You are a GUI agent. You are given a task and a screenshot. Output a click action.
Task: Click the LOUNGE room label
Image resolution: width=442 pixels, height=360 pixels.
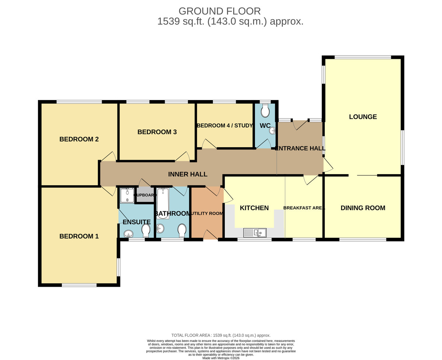(x=363, y=117)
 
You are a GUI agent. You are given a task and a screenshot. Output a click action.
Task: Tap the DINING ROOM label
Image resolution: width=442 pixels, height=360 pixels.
(x=363, y=208)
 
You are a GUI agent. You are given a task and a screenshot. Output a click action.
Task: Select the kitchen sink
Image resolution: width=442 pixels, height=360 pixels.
(x=255, y=233)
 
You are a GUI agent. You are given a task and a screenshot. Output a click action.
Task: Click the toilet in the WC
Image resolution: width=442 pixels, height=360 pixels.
(x=265, y=110)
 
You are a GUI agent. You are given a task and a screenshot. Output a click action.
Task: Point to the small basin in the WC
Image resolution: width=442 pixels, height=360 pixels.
(x=272, y=131)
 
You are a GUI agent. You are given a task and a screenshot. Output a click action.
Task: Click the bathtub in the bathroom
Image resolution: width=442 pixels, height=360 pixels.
(x=163, y=204)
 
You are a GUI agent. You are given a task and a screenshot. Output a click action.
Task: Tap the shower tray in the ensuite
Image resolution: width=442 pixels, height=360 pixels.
(x=127, y=195)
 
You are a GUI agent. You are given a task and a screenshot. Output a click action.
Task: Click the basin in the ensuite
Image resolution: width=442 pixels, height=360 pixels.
(x=129, y=234)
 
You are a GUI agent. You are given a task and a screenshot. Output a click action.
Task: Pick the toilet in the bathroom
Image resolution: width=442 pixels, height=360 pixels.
(x=182, y=230)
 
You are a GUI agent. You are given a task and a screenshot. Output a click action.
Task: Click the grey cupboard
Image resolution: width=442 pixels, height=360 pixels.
(x=145, y=195)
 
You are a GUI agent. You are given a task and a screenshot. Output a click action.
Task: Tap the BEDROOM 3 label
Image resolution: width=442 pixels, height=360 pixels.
(x=157, y=132)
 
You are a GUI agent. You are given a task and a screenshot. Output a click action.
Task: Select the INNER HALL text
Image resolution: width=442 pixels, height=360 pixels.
(x=187, y=174)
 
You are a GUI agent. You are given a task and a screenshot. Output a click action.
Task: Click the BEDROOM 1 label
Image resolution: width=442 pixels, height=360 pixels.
(x=79, y=236)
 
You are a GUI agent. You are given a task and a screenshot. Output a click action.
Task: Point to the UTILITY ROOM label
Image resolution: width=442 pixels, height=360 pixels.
(x=207, y=213)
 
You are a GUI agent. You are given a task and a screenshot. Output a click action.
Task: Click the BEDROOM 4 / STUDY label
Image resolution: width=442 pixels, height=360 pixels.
(x=225, y=126)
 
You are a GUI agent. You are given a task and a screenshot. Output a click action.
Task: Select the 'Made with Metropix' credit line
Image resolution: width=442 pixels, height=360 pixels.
(x=221, y=358)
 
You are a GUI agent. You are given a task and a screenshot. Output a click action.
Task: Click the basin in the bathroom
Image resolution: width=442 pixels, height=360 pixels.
(x=160, y=229)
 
